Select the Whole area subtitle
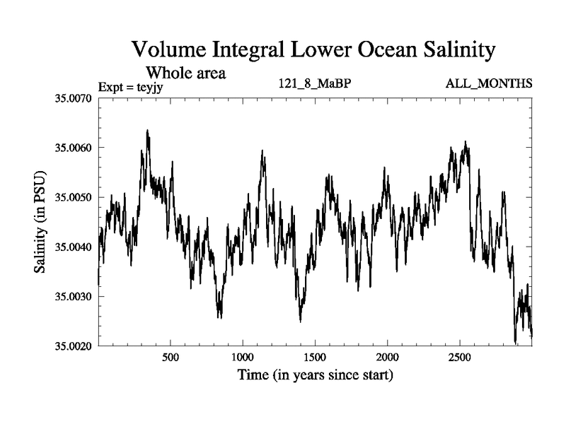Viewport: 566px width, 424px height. tap(185, 72)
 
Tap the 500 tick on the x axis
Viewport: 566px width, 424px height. tap(170, 357)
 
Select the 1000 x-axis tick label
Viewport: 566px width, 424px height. tap(243, 357)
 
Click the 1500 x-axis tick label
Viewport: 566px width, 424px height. tap(315, 357)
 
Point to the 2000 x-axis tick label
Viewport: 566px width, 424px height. tap(388, 357)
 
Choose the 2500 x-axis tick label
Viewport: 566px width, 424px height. tap(460, 357)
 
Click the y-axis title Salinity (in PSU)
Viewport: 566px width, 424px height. tap(40, 222)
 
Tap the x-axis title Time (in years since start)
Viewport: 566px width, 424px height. tap(315, 375)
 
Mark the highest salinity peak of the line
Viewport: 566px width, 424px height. tap(147, 130)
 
